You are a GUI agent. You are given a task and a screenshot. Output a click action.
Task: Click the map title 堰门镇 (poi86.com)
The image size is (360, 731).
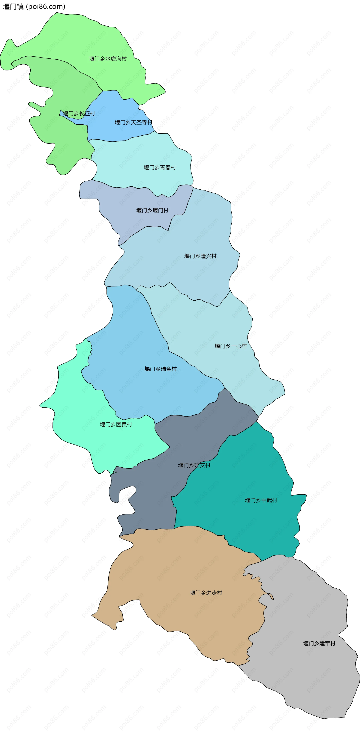[34, 7]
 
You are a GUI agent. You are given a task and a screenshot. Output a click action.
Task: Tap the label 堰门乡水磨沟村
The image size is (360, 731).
[108, 59]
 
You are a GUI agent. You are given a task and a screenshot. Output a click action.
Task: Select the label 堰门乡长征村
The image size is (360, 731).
[79, 114]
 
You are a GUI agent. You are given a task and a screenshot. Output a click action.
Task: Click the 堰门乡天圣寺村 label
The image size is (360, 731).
[133, 123]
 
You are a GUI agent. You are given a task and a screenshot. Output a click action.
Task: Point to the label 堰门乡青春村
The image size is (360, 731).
[160, 168]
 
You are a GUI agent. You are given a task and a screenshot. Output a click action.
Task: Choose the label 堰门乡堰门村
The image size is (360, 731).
[152, 210]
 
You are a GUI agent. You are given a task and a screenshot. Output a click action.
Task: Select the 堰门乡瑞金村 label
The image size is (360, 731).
[161, 369]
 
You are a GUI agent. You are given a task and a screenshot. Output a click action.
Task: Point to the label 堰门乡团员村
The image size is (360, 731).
[116, 425]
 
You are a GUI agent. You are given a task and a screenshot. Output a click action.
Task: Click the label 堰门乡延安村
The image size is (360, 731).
[194, 465]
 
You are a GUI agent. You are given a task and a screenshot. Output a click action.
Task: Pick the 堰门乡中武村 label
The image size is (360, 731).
[261, 500]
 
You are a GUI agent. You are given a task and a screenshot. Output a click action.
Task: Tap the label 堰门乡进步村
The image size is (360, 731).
[206, 593]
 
